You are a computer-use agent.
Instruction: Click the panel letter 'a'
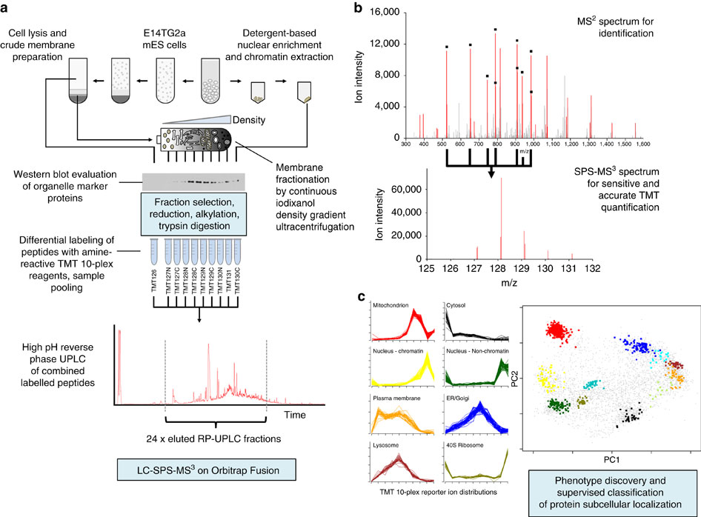[x=8, y=8]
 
